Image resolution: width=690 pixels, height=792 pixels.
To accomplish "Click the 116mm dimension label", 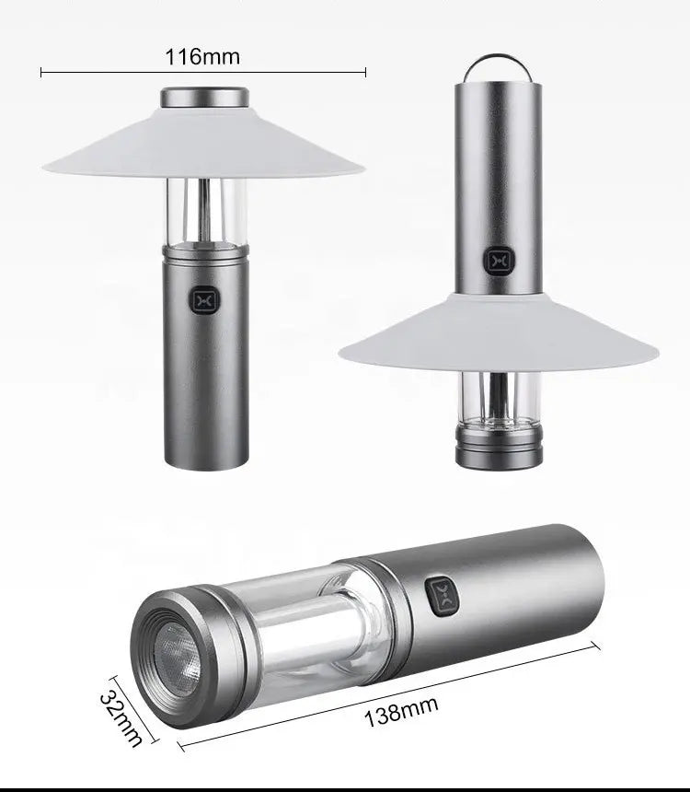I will [202, 56].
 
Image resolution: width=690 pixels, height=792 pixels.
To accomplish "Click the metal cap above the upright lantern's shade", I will [204, 97].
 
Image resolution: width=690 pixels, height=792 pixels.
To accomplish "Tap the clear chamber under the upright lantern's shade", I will [204, 211].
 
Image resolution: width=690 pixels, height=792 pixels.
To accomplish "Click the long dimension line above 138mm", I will [386, 693].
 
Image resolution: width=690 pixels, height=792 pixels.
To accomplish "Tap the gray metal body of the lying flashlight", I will [524, 589].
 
